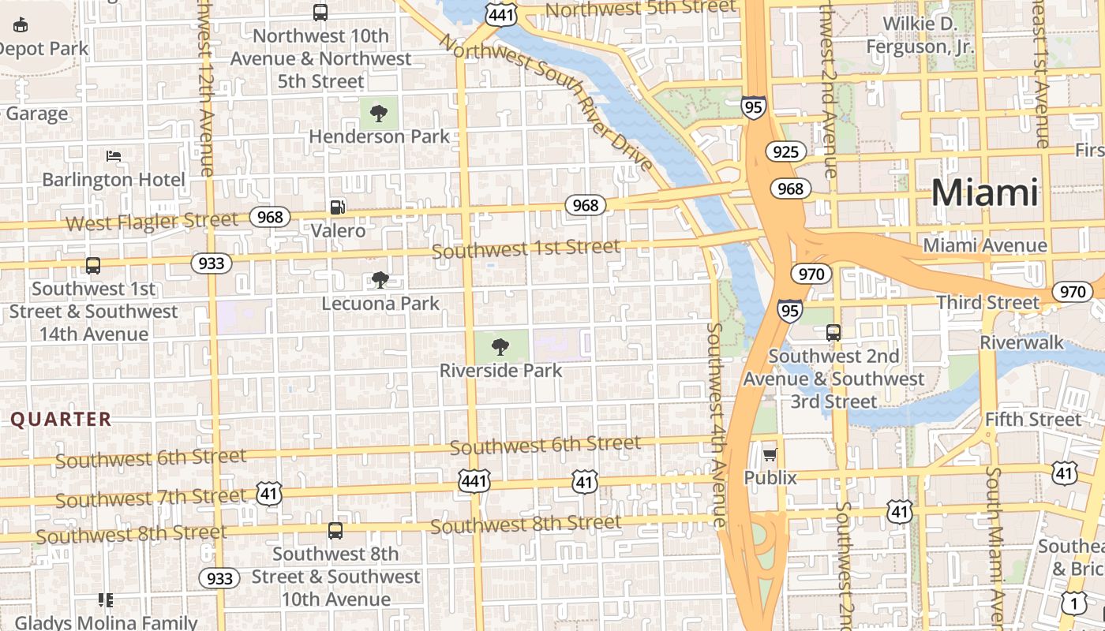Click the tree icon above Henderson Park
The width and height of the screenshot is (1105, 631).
coord(379,114)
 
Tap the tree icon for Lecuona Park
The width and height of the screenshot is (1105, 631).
coord(380,280)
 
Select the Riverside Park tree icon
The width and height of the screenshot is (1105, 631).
coord(500,346)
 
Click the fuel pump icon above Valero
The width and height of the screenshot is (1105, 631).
coord(338,207)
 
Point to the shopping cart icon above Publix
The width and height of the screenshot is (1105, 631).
coord(770,454)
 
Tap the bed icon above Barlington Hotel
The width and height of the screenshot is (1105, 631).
coord(114,156)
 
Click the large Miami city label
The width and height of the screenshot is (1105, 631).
coord(985,192)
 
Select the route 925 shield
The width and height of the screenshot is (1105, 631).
coord(785,152)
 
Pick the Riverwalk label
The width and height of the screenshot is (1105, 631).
coord(1022,343)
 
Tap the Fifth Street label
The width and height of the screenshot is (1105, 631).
coord(1032,420)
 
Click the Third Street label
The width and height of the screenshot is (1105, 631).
coord(988,303)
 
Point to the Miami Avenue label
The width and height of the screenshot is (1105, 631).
coord(985,246)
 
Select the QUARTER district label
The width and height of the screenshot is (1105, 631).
coord(61,420)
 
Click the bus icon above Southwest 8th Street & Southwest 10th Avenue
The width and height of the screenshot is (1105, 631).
coord(335,531)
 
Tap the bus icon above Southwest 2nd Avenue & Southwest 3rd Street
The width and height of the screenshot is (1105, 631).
coord(833,333)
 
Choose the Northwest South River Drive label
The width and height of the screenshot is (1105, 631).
coord(546,101)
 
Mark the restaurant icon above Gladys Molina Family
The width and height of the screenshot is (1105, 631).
coord(106,600)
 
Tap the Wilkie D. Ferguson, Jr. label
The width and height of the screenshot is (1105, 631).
coord(920,35)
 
